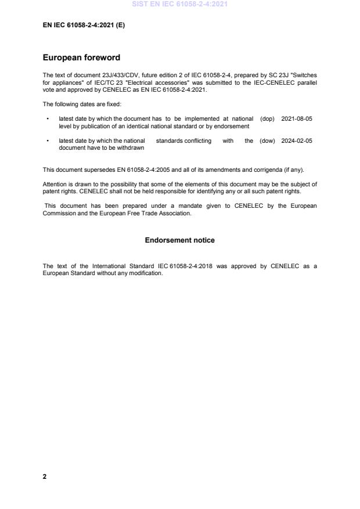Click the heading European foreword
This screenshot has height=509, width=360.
pos(82,57)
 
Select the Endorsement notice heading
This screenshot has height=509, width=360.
pos(179,240)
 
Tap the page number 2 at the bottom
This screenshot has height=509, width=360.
pos(45,476)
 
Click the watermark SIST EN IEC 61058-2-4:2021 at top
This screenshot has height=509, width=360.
pos(180,4)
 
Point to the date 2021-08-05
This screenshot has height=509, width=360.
pos(297,118)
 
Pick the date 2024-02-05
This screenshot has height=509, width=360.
pos(297,140)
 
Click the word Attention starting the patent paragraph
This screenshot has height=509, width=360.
pos(55,184)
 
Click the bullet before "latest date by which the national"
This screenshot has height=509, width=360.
pos(47,141)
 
